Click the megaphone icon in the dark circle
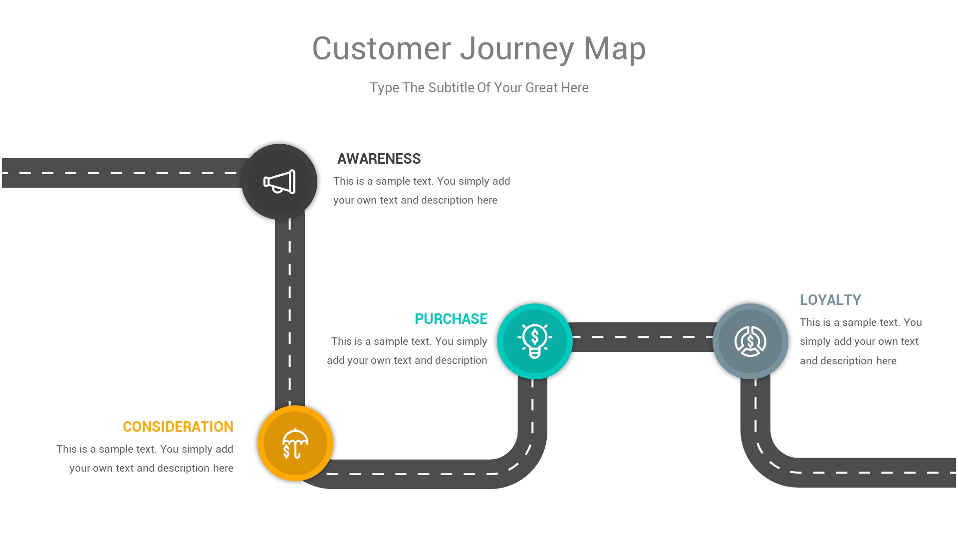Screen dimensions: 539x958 coord(279,182)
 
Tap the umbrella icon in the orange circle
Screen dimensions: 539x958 coord(295,443)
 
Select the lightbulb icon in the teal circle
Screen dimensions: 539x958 coord(534,341)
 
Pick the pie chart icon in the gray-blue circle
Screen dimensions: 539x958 coord(750,341)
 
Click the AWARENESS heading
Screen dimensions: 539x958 coord(379,159)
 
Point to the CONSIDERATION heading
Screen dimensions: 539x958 coord(178,427)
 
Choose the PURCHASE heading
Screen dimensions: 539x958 coord(451,319)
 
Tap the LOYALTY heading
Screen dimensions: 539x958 coord(830,300)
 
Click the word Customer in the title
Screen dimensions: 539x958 coord(381,49)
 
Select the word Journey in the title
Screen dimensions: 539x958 coord(517,49)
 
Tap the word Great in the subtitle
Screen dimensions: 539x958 coord(541,88)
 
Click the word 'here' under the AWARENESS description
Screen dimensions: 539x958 coord(487,200)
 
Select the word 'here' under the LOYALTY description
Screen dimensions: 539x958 coord(886,361)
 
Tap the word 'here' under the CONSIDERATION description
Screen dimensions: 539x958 coord(223,468)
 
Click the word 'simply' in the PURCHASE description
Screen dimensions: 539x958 coord(472,341)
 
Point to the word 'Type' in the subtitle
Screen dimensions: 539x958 coord(384,88)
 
